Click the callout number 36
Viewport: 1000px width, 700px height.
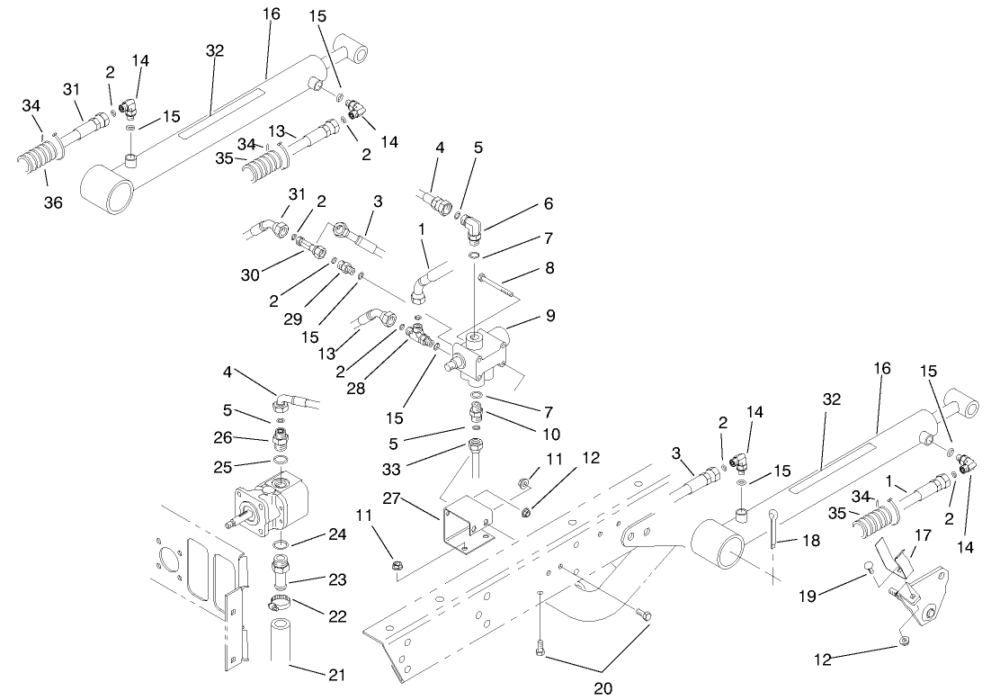pyautogui.click(x=54, y=203)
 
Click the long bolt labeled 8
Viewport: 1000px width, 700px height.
pyautogui.click(x=497, y=282)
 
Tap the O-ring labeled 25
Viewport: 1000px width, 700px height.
pyautogui.click(x=281, y=463)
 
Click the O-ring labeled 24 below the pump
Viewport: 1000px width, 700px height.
pyautogui.click(x=281, y=545)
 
